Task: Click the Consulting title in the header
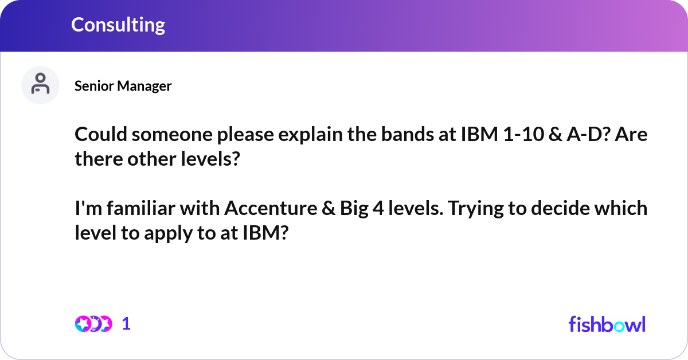(x=118, y=25)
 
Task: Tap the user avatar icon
(x=40, y=85)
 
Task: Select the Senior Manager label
(x=123, y=86)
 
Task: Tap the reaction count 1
(x=127, y=324)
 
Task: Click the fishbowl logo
(x=607, y=324)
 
